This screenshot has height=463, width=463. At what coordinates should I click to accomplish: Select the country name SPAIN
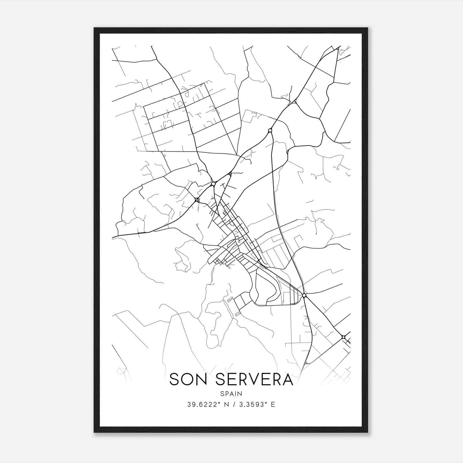[231, 394]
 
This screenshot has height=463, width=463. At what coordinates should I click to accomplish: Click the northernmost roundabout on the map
[270, 131]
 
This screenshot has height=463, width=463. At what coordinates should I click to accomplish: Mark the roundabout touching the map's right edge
[343, 337]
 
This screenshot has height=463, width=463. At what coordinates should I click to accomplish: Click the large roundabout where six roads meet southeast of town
[304, 295]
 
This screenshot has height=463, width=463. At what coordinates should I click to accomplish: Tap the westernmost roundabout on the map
[197, 199]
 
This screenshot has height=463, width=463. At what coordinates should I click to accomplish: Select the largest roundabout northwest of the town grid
[214, 183]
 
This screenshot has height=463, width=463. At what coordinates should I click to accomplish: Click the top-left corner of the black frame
[95, 28]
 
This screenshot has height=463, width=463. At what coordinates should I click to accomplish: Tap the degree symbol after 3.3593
[267, 403]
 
